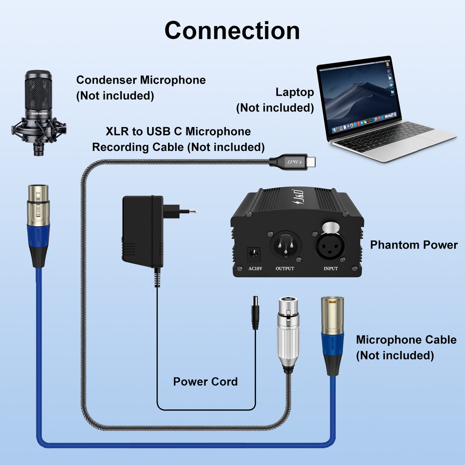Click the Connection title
[232, 31]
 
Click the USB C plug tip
[310, 162]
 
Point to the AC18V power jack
[254, 254]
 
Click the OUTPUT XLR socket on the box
[285, 246]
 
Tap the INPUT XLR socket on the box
[330, 246]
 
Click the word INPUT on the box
[330, 268]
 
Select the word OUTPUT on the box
[285, 268]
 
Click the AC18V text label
[255, 268]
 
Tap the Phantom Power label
[414, 245]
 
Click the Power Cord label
[205, 382]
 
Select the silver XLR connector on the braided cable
[288, 333]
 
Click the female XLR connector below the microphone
[38, 225]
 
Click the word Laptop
[294, 92]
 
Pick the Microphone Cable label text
[406, 340]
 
